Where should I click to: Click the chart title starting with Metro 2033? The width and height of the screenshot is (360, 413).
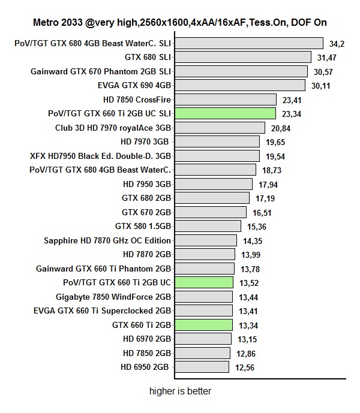(180, 22)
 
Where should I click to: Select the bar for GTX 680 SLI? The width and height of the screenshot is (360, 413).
(242, 57)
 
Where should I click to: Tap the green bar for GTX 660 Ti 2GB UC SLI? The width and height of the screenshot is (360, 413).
(225, 113)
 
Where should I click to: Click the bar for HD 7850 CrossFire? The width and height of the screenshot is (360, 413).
(225, 100)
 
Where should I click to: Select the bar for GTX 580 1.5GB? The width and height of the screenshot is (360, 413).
(208, 226)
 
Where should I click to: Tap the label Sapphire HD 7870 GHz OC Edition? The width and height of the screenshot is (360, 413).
(107, 240)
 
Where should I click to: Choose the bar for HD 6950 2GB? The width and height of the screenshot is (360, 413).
(202, 367)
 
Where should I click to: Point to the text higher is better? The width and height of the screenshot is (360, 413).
(180, 391)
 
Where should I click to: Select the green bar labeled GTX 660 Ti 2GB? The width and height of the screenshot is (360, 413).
(203, 325)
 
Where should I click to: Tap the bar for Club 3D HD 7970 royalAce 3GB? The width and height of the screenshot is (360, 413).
(220, 128)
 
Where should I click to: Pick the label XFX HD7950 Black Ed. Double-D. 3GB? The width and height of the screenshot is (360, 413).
(100, 156)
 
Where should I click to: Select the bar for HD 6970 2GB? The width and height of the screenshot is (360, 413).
(203, 339)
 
